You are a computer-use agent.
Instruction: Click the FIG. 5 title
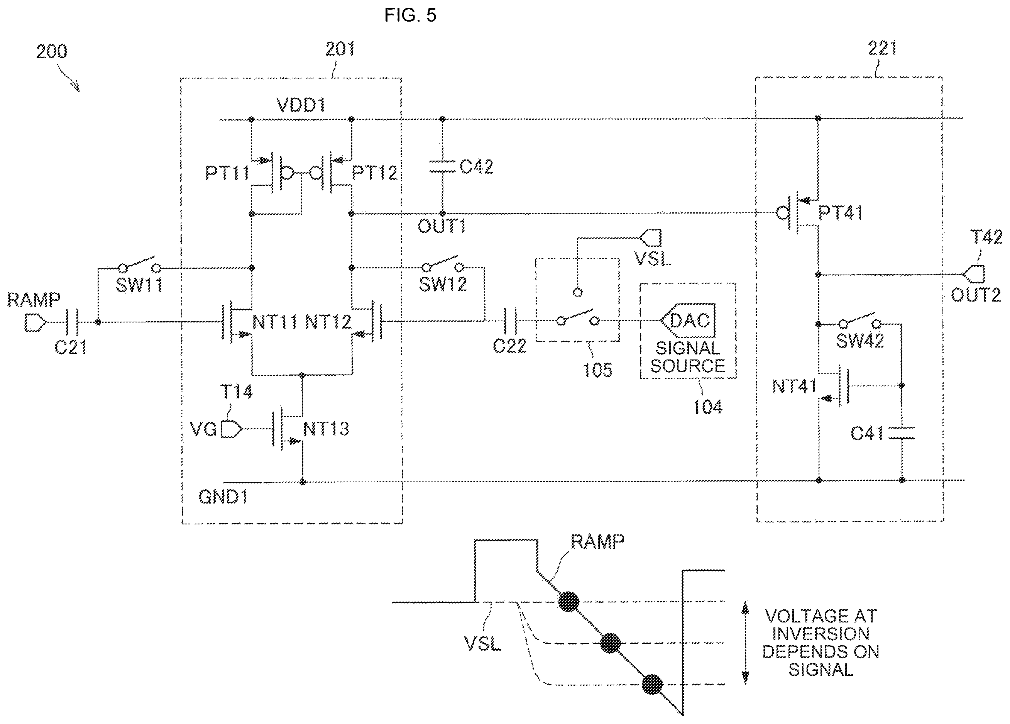tap(410, 15)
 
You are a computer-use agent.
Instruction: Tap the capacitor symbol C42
tap(442, 167)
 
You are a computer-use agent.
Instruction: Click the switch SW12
tap(442, 264)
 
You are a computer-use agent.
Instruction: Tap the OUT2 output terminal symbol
tap(973, 274)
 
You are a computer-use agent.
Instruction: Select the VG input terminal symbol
tap(232, 429)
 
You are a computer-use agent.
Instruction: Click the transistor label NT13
tap(326, 429)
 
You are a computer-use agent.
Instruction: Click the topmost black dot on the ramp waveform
tap(569, 602)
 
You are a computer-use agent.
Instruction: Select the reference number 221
tap(882, 48)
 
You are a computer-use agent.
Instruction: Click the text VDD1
tap(301, 105)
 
